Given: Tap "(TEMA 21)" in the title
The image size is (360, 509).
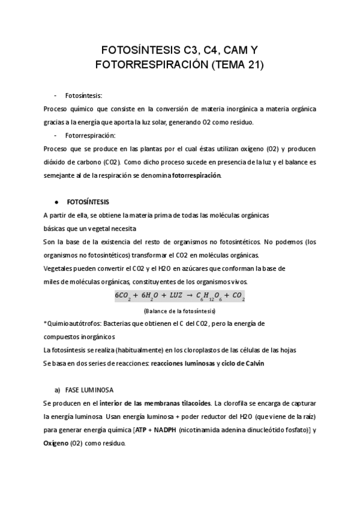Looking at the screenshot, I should (x=235, y=64).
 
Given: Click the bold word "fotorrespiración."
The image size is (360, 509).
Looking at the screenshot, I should (x=197, y=176).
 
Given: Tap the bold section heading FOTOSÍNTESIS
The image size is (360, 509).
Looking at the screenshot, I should (x=88, y=201).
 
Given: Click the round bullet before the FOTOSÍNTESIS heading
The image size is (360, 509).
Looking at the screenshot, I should (x=56, y=201).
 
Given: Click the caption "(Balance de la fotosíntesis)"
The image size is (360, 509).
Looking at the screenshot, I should (x=180, y=312).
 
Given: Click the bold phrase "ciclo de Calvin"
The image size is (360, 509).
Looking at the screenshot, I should (x=241, y=363).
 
